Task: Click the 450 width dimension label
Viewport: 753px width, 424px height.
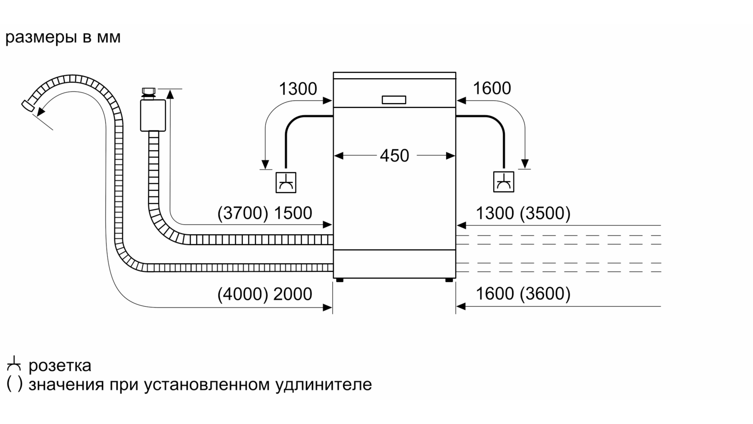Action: [394, 156]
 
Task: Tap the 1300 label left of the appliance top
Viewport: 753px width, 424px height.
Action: [298, 89]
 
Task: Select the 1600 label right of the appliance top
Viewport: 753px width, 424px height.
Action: [492, 89]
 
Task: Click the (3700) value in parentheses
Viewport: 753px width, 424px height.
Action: [243, 213]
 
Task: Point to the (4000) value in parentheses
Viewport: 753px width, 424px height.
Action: [243, 294]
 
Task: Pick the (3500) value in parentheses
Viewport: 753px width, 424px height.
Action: [545, 213]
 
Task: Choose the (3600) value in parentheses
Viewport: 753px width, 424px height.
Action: [545, 294]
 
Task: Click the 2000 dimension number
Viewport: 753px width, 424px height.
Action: [293, 294]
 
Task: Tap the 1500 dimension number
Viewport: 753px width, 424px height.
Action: [293, 213]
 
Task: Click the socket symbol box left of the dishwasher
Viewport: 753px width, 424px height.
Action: [286, 182]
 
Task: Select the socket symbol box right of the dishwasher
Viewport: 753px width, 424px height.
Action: [504, 182]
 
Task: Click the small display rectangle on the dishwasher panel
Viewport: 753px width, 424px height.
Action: [394, 100]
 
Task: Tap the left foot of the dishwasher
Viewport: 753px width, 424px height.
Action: [339, 280]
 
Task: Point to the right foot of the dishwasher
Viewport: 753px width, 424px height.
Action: [449, 280]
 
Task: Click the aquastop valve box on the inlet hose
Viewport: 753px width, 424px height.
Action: [153, 115]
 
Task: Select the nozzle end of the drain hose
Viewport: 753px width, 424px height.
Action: [27, 106]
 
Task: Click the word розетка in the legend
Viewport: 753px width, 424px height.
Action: [60, 366]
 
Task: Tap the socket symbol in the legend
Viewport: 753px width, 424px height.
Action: [14, 363]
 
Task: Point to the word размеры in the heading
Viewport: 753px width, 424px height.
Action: [41, 38]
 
